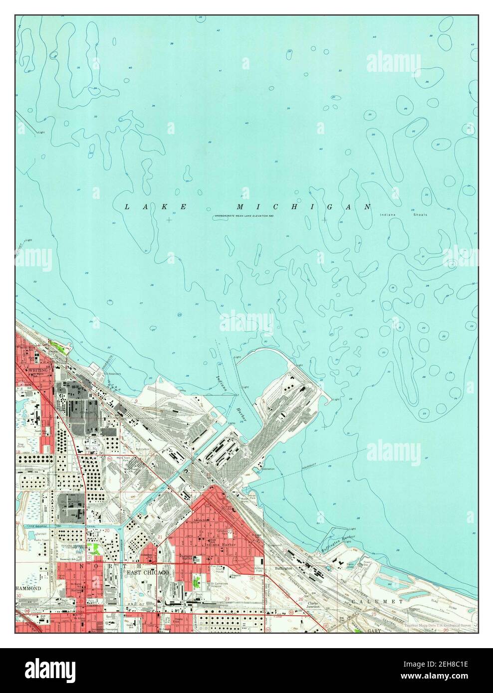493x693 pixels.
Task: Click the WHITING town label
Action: [38, 370]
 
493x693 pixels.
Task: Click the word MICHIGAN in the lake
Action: [304, 206]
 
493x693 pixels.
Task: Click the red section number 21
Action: [160, 536]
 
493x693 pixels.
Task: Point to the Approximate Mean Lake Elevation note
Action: [245, 215]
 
